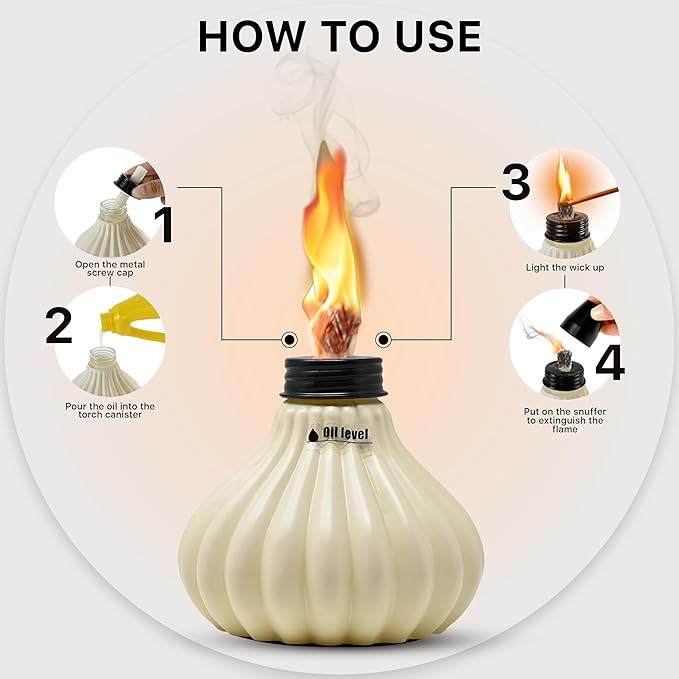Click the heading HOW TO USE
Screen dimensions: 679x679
[x=339, y=36]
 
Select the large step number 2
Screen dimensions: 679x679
[x=59, y=327]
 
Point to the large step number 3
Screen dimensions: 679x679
[x=516, y=183]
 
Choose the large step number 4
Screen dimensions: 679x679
[x=609, y=361]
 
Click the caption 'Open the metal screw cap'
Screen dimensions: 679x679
[x=110, y=270]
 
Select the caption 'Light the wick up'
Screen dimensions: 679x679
[x=565, y=268]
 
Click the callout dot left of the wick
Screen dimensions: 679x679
[x=289, y=338]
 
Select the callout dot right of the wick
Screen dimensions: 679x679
[x=382, y=338]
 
